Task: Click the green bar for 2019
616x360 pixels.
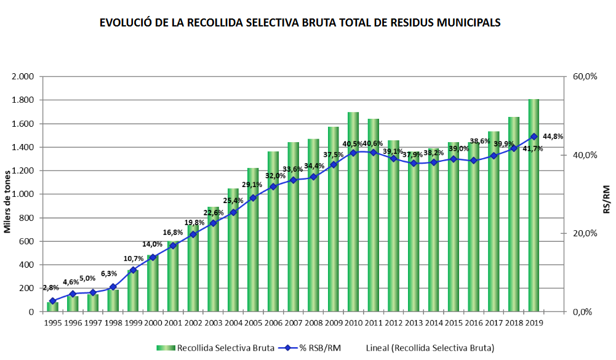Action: click(534, 209)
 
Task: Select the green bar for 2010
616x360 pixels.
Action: click(353, 215)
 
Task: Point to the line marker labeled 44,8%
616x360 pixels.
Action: click(534, 137)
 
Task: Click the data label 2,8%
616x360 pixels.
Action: click(51, 288)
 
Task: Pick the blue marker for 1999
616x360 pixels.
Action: click(133, 270)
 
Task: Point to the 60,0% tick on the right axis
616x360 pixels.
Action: click(585, 76)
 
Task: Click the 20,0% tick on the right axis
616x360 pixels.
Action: click(585, 233)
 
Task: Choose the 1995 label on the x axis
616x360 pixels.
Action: click(53, 322)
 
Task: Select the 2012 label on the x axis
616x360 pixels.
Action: click(393, 322)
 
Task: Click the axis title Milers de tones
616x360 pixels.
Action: click(9, 194)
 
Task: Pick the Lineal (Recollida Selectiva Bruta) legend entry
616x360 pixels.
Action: click(430, 348)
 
